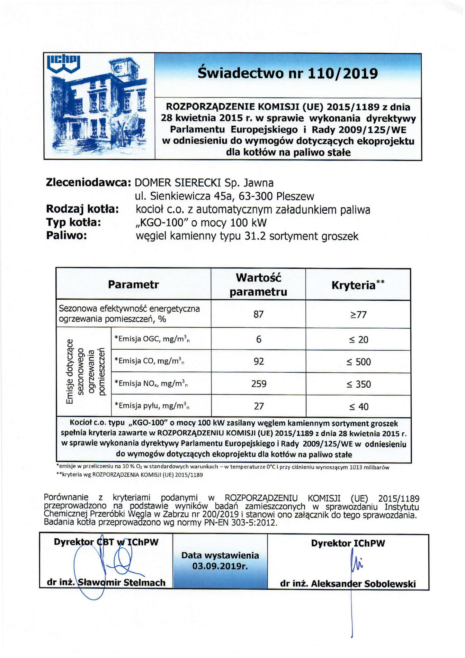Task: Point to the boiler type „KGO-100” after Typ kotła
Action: (163, 223)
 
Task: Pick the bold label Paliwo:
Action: (67, 235)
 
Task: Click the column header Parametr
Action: (133, 285)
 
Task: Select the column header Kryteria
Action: (353, 285)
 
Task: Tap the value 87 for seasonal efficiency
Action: (258, 314)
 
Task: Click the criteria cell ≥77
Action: (358, 315)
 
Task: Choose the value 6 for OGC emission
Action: (259, 339)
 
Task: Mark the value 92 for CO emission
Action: (259, 361)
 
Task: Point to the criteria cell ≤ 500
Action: (359, 362)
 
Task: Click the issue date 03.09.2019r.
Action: (220, 566)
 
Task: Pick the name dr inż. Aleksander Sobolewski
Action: (348, 584)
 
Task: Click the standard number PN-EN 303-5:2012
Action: (240, 523)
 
